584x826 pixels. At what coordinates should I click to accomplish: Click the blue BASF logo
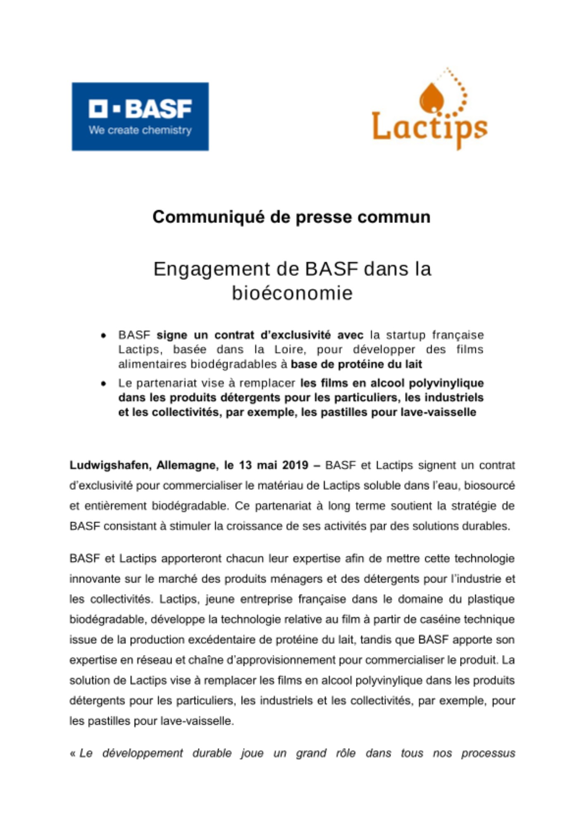point(140,116)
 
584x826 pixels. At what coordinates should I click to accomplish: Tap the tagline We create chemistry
point(140,130)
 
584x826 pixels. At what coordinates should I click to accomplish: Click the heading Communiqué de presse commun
point(291,217)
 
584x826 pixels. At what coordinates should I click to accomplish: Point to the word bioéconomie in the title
point(292,293)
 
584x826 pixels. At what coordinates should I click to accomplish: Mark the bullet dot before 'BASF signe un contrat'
point(104,335)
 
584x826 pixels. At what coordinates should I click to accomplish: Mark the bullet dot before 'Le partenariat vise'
point(104,384)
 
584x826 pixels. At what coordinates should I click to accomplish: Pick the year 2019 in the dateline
point(295,465)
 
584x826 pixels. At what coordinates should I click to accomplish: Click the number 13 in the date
point(245,465)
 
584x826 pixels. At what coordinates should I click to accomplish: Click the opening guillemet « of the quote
point(73,754)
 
